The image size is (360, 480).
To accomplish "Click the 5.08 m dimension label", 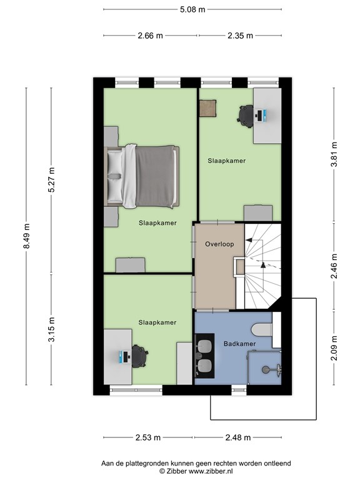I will [x=192, y=9].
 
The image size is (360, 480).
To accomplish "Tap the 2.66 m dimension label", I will [x=150, y=36].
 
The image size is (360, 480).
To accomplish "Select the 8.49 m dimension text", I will [x=26, y=236].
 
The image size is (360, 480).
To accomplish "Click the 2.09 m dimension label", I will [x=334, y=349].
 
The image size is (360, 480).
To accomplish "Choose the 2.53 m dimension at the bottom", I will [x=148, y=437].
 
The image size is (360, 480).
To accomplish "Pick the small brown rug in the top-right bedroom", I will [x=207, y=108].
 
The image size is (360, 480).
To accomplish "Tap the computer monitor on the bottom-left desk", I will [x=122, y=357].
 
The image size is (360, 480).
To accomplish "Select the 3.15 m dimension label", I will [x=52, y=329].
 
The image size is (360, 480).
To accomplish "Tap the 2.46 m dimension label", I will [x=334, y=261].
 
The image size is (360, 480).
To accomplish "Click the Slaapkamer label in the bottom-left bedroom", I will [x=157, y=322].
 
